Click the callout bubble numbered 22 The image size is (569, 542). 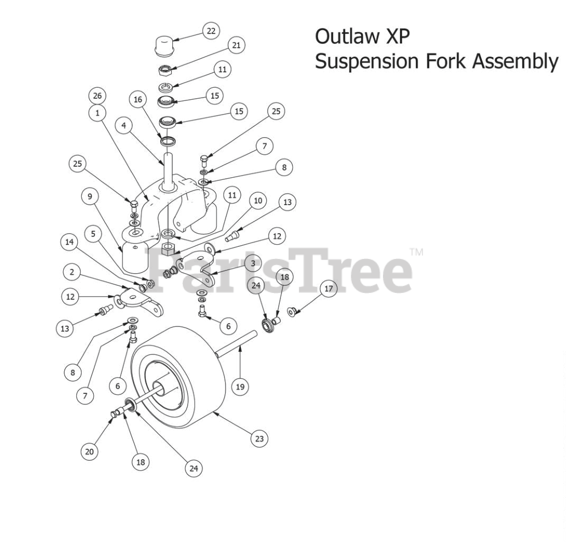210,31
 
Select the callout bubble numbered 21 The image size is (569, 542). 236,46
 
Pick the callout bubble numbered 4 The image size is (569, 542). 124,125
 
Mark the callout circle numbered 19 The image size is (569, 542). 239,387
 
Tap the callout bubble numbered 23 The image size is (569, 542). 259,438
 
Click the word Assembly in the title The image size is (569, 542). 522,61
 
